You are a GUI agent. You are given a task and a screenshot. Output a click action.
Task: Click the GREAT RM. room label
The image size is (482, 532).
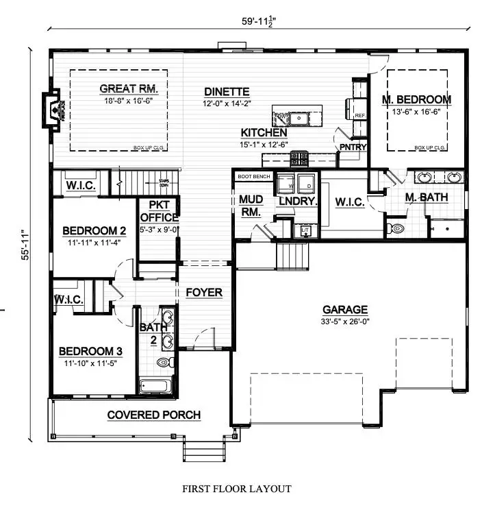tap(129, 88)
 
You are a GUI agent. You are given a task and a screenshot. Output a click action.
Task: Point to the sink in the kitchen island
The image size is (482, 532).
tap(299, 119)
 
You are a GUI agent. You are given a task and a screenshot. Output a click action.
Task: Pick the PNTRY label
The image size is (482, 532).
tap(353, 147)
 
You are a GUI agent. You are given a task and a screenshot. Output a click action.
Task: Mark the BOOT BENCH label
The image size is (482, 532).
tap(254, 176)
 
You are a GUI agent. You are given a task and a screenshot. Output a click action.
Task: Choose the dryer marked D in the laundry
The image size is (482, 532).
tap(308, 186)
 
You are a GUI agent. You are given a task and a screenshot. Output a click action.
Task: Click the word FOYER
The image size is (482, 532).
tap(204, 293)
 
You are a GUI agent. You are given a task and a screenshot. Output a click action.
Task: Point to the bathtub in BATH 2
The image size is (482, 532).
tap(157, 385)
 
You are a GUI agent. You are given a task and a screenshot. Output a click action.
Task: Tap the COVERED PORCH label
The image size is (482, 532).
tap(154, 415)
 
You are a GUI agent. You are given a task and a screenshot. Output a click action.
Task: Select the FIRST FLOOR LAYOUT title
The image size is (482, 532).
tap(236, 489)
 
